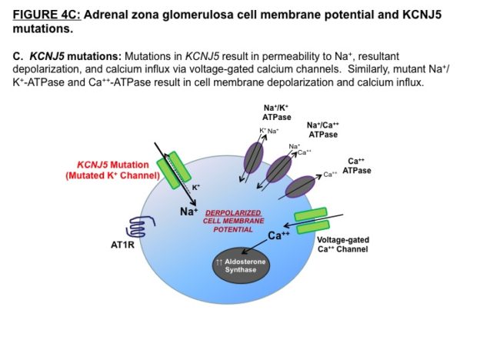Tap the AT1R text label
click(x=122, y=245)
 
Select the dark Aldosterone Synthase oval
click(x=242, y=265)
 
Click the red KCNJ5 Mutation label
click(x=112, y=170)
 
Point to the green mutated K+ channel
click(x=174, y=170)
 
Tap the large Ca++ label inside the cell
click(x=278, y=235)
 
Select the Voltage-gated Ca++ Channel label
click(x=343, y=245)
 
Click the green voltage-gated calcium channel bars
click(x=312, y=221)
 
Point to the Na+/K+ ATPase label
click(x=277, y=112)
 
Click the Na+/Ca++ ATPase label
click(x=323, y=130)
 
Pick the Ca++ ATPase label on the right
click(x=357, y=165)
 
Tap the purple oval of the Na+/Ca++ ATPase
click(x=279, y=169)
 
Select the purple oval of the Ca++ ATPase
click(x=300, y=186)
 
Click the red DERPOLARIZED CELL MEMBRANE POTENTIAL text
click(x=233, y=221)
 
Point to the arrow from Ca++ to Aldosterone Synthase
click(x=255, y=247)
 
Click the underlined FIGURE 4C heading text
click(x=47, y=15)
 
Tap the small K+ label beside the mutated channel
click(x=196, y=188)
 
